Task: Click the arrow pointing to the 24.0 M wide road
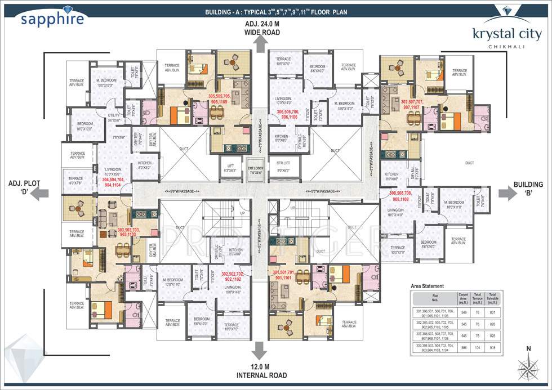coord(259,45)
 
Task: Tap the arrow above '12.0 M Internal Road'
coord(259,349)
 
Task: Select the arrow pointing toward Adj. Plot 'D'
coord(38,194)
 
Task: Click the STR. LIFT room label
coord(283,167)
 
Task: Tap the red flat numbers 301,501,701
coord(288,275)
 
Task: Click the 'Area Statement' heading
coord(428,286)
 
